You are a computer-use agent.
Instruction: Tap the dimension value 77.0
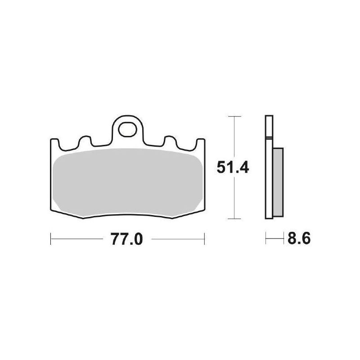126,239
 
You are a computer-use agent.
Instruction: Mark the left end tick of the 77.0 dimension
50,239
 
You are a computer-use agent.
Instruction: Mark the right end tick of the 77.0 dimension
205,239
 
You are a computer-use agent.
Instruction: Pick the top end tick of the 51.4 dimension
233,116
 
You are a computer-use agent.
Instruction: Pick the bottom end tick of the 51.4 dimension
233,219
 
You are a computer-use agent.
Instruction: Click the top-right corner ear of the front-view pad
202,144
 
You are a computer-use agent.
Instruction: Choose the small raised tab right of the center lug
171,141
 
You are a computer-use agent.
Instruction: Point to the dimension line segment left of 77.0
76,239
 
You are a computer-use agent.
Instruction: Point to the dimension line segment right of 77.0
178,239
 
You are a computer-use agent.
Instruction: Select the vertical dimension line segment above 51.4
233,135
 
